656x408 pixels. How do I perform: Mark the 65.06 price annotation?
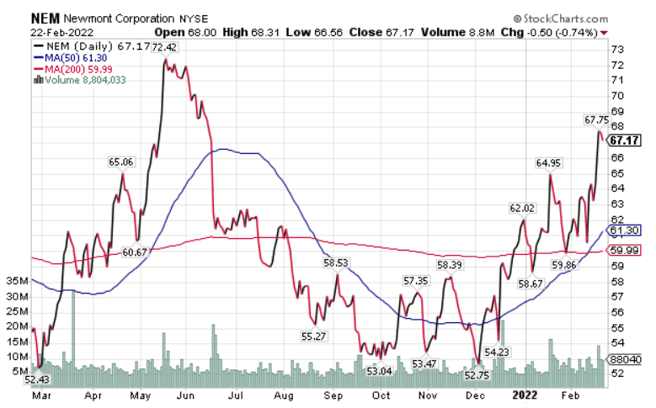[x=122, y=162]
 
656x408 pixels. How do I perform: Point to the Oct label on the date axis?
[x=381, y=393]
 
